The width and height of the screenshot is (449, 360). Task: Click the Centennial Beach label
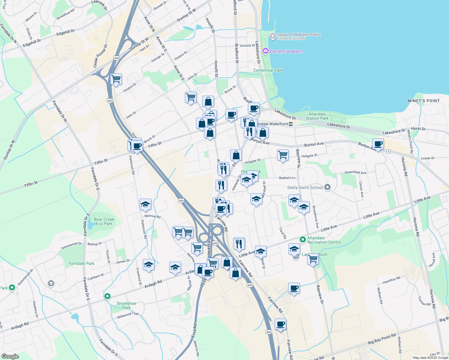point(286,51)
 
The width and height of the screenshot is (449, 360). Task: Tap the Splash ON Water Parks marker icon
point(273,36)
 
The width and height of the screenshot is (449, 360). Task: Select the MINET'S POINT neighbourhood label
point(423,101)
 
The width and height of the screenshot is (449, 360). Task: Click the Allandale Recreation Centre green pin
point(303,240)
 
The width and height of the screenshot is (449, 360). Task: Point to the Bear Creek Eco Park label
point(104,221)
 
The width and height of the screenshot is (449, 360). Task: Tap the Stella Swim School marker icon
point(327,187)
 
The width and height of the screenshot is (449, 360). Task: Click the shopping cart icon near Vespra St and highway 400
point(116,79)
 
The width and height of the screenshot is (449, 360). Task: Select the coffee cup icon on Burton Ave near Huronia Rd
point(378,144)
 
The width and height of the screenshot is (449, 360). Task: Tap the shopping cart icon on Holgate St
point(283,155)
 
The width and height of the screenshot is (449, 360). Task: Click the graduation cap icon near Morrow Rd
point(145,205)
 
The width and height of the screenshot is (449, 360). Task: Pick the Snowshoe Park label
point(126,305)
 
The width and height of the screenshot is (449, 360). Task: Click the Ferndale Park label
point(81,263)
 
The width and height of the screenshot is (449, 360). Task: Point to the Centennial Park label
point(268,70)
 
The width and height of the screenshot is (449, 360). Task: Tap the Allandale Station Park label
point(317,116)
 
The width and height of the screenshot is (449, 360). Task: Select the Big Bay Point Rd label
point(382,339)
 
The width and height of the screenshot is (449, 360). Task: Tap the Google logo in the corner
point(10,356)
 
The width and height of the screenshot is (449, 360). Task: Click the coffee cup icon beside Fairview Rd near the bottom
point(280,324)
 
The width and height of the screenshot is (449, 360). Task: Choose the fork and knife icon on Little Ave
point(239,243)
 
